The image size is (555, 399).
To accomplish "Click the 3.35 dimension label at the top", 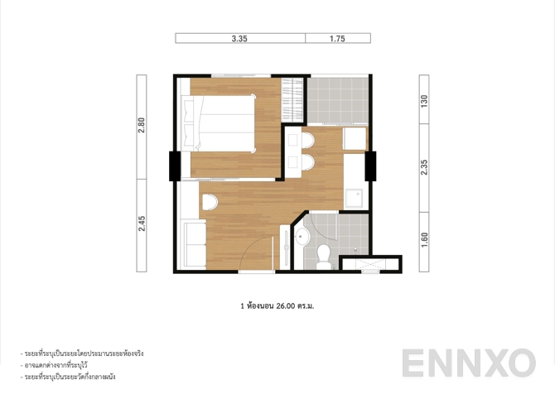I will click(x=240, y=38).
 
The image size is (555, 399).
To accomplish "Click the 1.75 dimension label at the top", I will click(x=337, y=38).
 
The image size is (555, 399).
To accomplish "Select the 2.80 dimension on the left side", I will click(x=142, y=125).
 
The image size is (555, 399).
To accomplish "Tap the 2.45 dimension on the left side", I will click(x=142, y=224).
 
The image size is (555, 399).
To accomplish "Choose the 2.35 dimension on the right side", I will click(x=423, y=166).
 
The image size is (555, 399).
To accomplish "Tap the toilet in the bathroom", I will click(x=323, y=256).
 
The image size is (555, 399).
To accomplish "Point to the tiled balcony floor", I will click(x=338, y=100).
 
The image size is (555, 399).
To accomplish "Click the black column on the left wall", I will click(x=176, y=166).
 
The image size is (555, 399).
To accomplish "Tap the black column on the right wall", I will click(x=370, y=166).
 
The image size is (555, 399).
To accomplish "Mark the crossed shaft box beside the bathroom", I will click(x=370, y=264).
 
